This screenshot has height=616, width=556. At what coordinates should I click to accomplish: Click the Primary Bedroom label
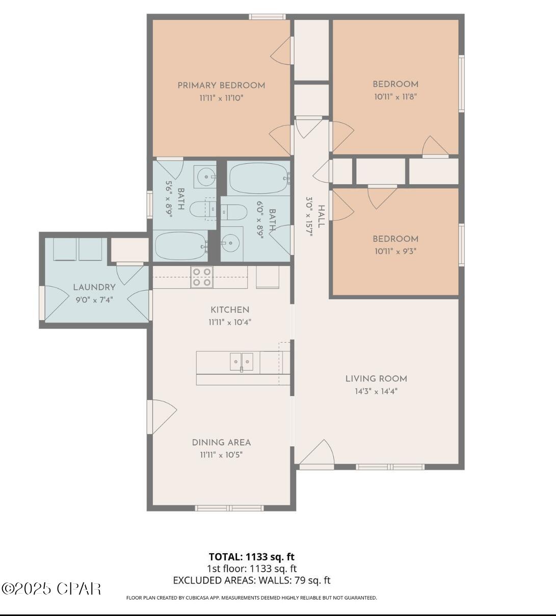point(221,86)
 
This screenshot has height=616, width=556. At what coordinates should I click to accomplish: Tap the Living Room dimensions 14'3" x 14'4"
point(376,392)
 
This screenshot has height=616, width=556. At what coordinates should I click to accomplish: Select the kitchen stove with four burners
point(201,277)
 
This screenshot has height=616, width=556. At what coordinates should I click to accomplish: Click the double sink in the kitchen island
point(241,362)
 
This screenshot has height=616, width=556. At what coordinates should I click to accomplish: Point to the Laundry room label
point(94,288)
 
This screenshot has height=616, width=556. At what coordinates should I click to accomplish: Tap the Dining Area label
point(221,443)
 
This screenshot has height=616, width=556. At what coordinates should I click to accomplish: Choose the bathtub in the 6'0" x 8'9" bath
point(259,178)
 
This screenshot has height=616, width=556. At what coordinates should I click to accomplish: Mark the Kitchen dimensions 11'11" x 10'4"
point(230,322)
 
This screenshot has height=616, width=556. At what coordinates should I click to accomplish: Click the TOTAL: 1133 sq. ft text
point(252,556)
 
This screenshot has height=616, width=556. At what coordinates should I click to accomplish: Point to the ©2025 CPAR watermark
point(51,588)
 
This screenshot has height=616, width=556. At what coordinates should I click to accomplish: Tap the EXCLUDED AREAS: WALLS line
point(252,580)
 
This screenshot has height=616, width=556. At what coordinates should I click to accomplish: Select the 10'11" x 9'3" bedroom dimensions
point(395,251)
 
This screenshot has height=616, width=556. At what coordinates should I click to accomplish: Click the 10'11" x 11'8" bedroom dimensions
point(395,97)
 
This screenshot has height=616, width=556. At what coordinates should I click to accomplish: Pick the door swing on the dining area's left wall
point(162,417)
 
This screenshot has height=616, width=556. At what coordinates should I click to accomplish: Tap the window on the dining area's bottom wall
point(229,508)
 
